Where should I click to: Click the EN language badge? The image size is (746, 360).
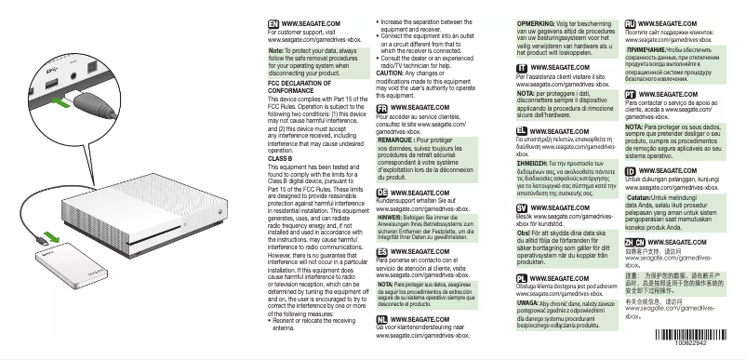[273, 20]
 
